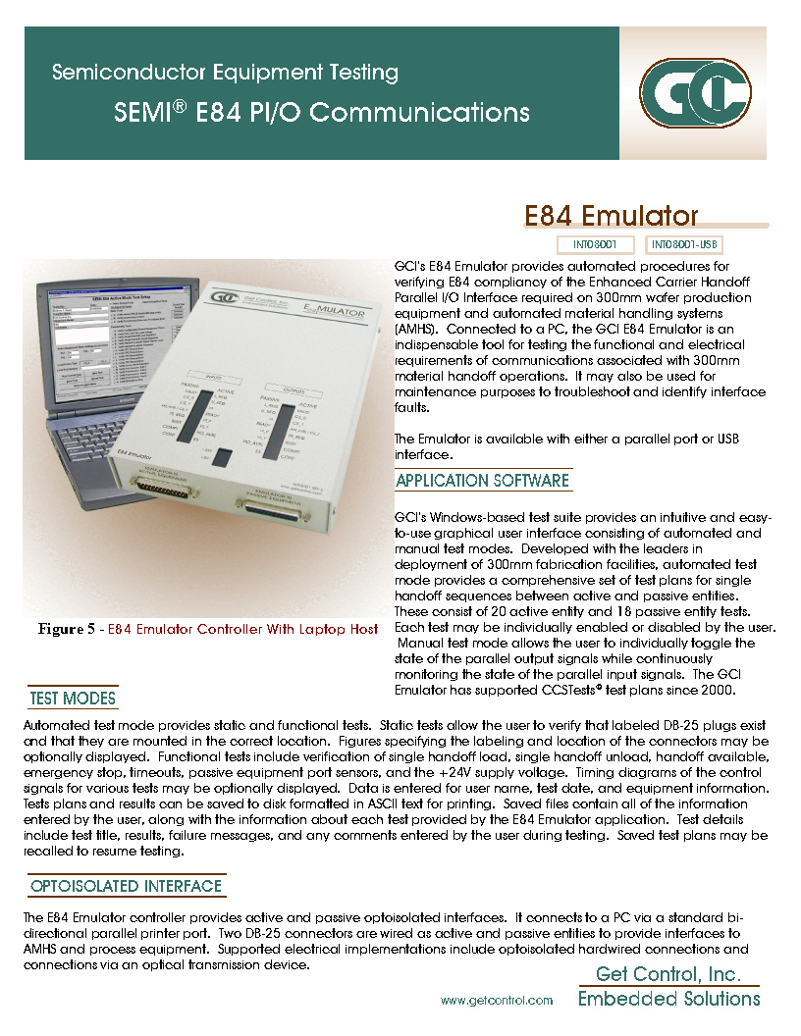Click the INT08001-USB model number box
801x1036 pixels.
686,244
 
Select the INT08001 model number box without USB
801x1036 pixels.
595,244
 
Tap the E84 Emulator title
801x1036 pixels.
611,216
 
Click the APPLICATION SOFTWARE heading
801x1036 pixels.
482,481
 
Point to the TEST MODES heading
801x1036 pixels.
73,699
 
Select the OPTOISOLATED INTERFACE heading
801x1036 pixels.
126,886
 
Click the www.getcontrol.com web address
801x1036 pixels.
496,1000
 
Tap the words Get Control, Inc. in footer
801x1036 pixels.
668,974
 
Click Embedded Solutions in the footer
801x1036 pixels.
668,999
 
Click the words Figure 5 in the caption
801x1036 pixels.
67,629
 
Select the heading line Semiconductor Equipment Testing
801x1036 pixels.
225,73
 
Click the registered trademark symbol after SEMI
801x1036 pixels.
180,105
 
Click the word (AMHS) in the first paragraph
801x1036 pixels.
415,330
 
